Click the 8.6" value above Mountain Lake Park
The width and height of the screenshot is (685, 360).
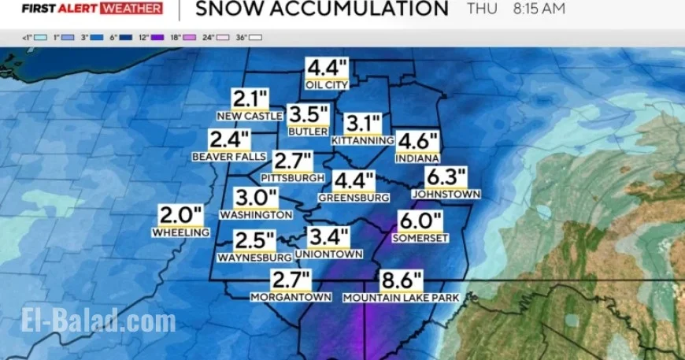[402, 280]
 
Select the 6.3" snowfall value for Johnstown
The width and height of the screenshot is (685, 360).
[446, 177]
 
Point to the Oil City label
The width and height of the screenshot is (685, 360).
[327, 84]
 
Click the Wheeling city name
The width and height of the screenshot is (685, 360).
[181, 232]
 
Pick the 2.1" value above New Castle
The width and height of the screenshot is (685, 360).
[250, 99]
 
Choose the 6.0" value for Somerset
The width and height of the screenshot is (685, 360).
[421, 221]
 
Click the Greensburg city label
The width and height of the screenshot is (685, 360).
[354, 198]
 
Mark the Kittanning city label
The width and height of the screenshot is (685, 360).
[362, 140]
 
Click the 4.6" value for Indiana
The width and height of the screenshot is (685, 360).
[417, 141]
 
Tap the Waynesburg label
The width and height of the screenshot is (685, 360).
[254, 257]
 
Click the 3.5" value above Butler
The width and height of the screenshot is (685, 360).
[308, 114]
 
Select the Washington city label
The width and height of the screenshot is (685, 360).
[257, 214]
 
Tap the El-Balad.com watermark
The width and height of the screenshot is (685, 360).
[98, 321]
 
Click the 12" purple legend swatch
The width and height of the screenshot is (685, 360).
[157, 37]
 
